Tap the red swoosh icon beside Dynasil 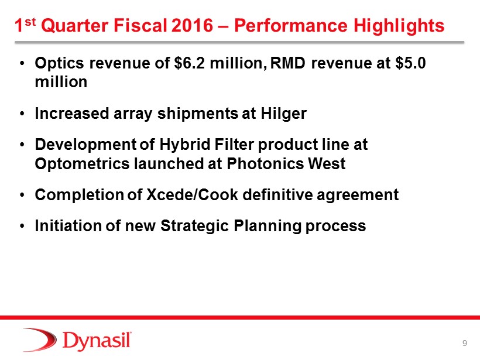pos(40,340)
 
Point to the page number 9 pos(464,343)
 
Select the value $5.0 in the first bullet pos(410,63)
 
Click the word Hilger pos(283,114)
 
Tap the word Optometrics pos(83,163)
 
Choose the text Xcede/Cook pos(192,194)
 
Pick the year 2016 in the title pos(192,25)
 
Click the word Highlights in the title pos(399,26)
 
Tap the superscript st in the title pos(30,22)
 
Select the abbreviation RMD pos(288,63)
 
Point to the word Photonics pos(265,163)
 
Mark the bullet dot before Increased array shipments pos(22,114)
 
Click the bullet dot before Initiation pos(22,226)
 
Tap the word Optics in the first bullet pos(59,63)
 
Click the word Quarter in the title pos(75,25)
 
